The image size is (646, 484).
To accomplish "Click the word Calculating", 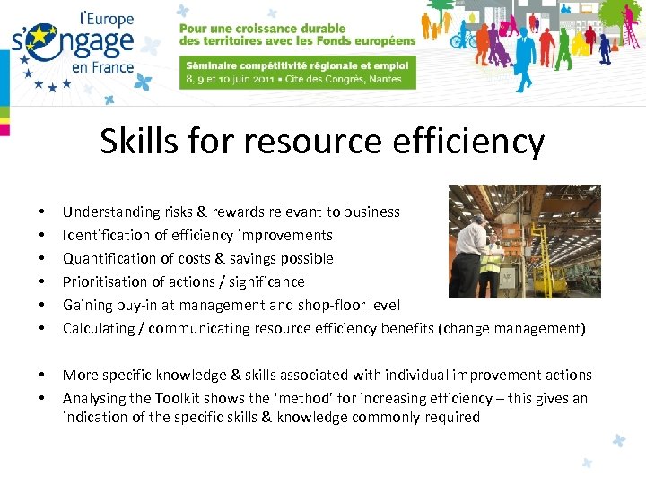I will click(x=97, y=329).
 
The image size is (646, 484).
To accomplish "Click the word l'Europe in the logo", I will click(x=107, y=19).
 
